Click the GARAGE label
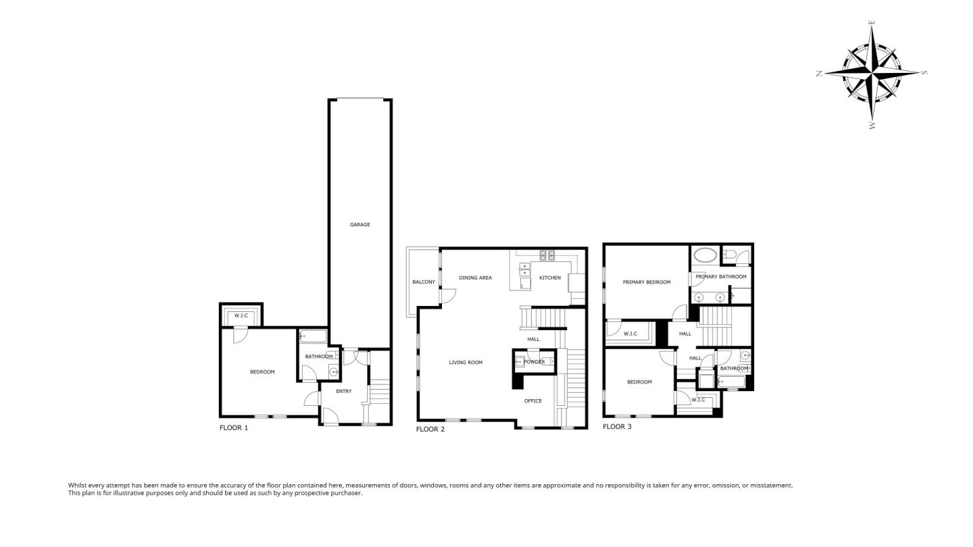coord(359,225)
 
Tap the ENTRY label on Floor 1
coord(343,392)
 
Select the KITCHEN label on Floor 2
coord(549,278)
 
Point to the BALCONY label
coord(424,282)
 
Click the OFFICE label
coord(533,401)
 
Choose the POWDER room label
coord(534,362)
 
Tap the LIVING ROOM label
coord(466,363)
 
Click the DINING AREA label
coord(475,278)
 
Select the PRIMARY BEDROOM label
coord(647,282)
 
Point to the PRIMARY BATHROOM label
coord(721,277)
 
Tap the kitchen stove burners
coord(547,255)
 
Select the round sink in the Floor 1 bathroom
coord(333,372)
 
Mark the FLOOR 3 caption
coord(617,427)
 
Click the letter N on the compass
coord(819,74)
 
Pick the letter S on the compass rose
coord(924,73)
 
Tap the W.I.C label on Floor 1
coord(241,316)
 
